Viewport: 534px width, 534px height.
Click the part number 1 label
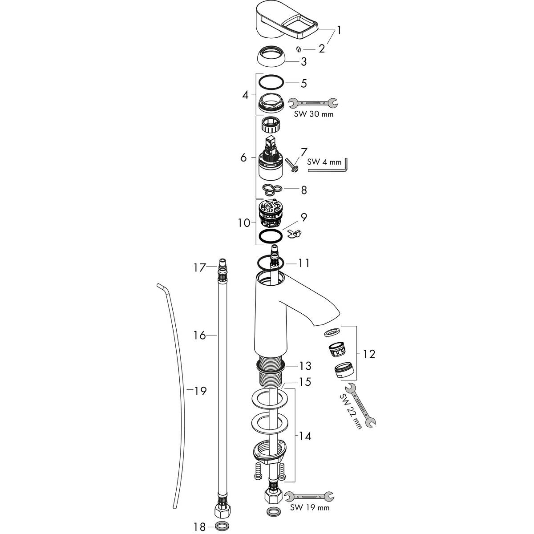(339, 30)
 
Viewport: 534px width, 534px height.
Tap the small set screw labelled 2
(299, 49)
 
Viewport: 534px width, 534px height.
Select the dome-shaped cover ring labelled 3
(271, 56)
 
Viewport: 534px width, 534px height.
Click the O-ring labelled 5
(271, 82)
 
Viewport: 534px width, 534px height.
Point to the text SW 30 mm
(314, 114)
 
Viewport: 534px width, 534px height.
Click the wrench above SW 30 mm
(313, 103)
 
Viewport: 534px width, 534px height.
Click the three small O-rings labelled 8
(272, 189)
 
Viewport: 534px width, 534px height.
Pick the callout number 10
(244, 223)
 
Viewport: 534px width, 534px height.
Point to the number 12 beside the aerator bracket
(369, 354)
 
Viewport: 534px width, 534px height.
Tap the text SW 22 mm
(351, 412)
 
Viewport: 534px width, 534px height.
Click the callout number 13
(305, 366)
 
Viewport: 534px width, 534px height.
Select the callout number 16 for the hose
(199, 336)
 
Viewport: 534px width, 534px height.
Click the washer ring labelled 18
(222, 525)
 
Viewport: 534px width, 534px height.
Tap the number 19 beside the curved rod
(200, 391)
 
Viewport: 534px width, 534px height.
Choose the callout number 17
(199, 268)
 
